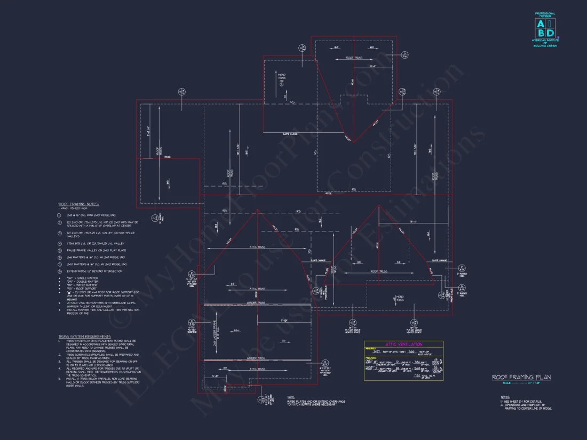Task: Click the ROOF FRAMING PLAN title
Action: coord(521,377)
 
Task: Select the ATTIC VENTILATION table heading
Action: coord(403,345)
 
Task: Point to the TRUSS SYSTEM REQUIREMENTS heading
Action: coord(85,337)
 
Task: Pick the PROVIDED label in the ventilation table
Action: coord(370,358)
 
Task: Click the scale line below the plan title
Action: coord(521,383)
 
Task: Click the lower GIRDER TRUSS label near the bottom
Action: coord(257,358)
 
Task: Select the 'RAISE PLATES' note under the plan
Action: coord(312,403)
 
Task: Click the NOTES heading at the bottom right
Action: coord(505,397)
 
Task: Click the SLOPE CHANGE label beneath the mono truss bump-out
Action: coord(290,134)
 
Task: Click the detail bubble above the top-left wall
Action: coord(183,92)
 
